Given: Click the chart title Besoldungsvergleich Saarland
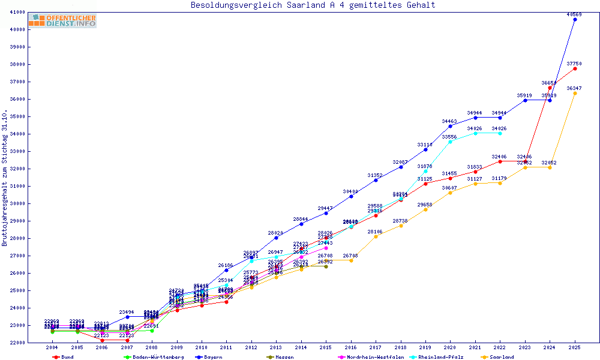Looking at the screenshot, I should [x=313, y=5].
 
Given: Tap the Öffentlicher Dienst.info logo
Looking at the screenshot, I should [x=62, y=21].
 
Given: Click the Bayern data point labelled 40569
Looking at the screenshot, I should [x=575, y=19].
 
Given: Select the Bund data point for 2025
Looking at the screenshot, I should [x=575, y=68].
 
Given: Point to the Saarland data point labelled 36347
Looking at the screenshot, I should [x=575, y=93].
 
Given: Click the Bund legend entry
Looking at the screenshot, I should [x=64, y=357].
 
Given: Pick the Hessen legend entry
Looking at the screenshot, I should [x=280, y=357].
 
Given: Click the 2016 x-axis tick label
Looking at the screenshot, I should [x=351, y=347].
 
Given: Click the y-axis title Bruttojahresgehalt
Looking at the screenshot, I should [x=5, y=178].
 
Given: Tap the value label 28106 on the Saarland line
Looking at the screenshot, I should [x=375, y=232].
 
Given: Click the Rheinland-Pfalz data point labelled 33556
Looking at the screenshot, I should [x=450, y=142].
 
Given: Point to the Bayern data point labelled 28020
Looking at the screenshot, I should [x=276, y=238].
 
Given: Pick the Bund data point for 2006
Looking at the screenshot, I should [x=102, y=340].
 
